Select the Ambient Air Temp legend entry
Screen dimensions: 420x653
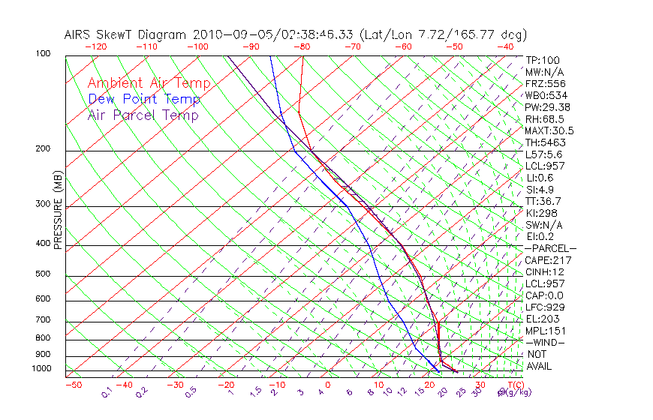(x=149, y=83)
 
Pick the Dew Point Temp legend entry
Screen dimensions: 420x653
(x=144, y=99)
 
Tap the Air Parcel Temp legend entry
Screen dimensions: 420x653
(x=143, y=115)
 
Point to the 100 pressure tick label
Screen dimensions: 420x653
(x=43, y=54)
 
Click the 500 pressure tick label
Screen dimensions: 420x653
(x=43, y=274)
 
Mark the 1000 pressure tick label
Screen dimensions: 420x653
(x=41, y=369)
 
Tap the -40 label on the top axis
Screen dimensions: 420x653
(x=505, y=46)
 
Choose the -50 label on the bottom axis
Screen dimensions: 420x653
(x=73, y=385)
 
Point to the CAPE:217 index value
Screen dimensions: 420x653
(x=546, y=260)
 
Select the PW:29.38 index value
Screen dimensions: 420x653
(x=547, y=107)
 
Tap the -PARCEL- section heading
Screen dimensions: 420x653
(x=550, y=248)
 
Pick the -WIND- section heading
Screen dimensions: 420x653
(x=545, y=342)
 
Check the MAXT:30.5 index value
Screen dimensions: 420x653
(x=547, y=130)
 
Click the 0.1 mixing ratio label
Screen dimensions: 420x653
(x=107, y=391)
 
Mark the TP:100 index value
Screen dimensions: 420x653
(x=542, y=61)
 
